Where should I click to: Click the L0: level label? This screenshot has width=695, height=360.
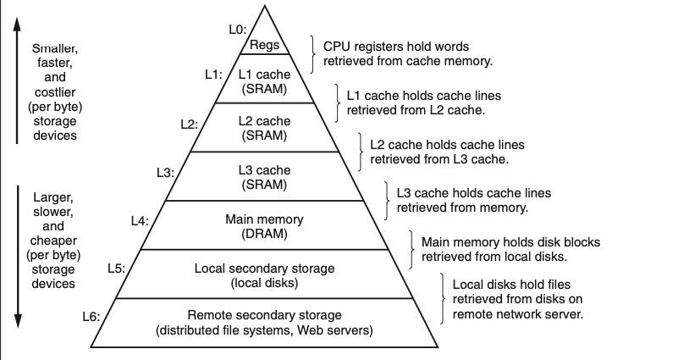tap(238, 30)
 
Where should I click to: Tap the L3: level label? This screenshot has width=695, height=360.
tap(165, 172)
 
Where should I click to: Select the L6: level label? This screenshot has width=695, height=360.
tap(91, 317)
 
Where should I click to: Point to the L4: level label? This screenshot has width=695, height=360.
tap(140, 220)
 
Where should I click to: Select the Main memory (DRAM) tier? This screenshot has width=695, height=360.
tap(264, 225)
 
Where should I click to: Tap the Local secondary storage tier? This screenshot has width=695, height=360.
tap(264, 274)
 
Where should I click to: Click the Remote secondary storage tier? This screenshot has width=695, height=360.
tap(264, 324)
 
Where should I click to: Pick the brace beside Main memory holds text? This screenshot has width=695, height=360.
tap(411, 247)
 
